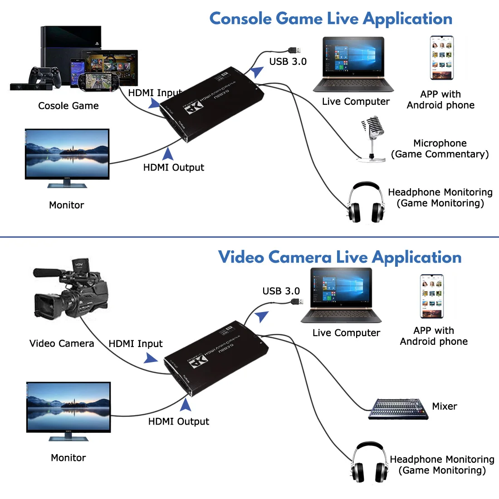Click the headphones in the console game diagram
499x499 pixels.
pyautogui.click(x=366, y=203)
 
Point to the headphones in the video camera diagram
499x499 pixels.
pyautogui.click(x=370, y=463)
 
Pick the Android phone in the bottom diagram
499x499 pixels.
pyautogui.click(x=431, y=296)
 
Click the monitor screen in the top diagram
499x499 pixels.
pyautogui.click(x=67, y=154)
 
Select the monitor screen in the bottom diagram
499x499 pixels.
pyautogui.click(x=68, y=407)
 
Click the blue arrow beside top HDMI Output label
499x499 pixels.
pyautogui.click(x=168, y=153)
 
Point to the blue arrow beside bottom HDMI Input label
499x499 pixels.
pyautogui.click(x=151, y=358)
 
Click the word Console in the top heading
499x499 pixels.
pyautogui.click(x=240, y=19)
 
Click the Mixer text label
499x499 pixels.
pyautogui.click(x=444, y=406)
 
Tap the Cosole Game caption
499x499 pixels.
pyautogui.click(x=68, y=106)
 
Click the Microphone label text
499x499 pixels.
pyautogui.click(x=440, y=143)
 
